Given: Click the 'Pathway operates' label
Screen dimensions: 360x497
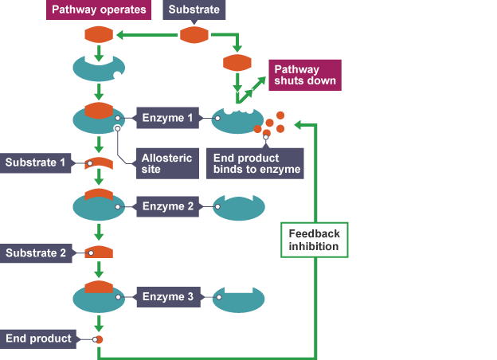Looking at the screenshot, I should pos(99,10).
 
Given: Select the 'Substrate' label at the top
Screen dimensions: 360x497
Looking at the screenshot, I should pos(194,10).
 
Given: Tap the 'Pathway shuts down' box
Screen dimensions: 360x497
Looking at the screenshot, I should pos(304,74).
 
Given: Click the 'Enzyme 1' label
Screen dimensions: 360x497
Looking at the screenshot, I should pos(167,119).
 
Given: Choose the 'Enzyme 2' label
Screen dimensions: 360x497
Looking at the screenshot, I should pos(167,207).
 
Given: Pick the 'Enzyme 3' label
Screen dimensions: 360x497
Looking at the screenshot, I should pos(167,297).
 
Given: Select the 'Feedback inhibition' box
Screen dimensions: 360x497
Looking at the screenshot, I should pos(313,240).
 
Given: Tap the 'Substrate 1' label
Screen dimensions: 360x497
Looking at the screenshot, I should pos(35,163).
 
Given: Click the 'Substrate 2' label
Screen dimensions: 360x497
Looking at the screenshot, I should pos(35,253).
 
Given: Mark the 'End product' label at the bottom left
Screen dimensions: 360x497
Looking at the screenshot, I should pos(38,338).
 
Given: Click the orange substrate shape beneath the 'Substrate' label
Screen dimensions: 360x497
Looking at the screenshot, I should pos(194,36).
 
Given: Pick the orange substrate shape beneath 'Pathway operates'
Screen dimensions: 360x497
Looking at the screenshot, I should pos(99,36).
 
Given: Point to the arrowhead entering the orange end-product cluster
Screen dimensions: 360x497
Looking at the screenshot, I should pos(297,124).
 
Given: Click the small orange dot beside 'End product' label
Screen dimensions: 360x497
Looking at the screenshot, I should pos(98,340).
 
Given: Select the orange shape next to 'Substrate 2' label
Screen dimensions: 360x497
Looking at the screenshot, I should pos(99,253).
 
